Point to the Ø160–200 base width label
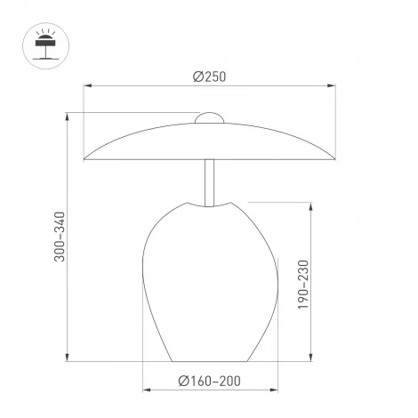(210, 381)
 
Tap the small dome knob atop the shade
(210, 117)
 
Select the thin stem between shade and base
(210, 181)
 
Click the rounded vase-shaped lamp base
(210, 285)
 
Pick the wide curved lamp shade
(210, 142)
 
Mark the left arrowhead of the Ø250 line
(87, 86)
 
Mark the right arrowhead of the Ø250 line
(333, 86)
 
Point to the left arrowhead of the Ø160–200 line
(146, 391)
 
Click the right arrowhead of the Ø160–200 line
(275, 391)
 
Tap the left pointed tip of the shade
(84, 160)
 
